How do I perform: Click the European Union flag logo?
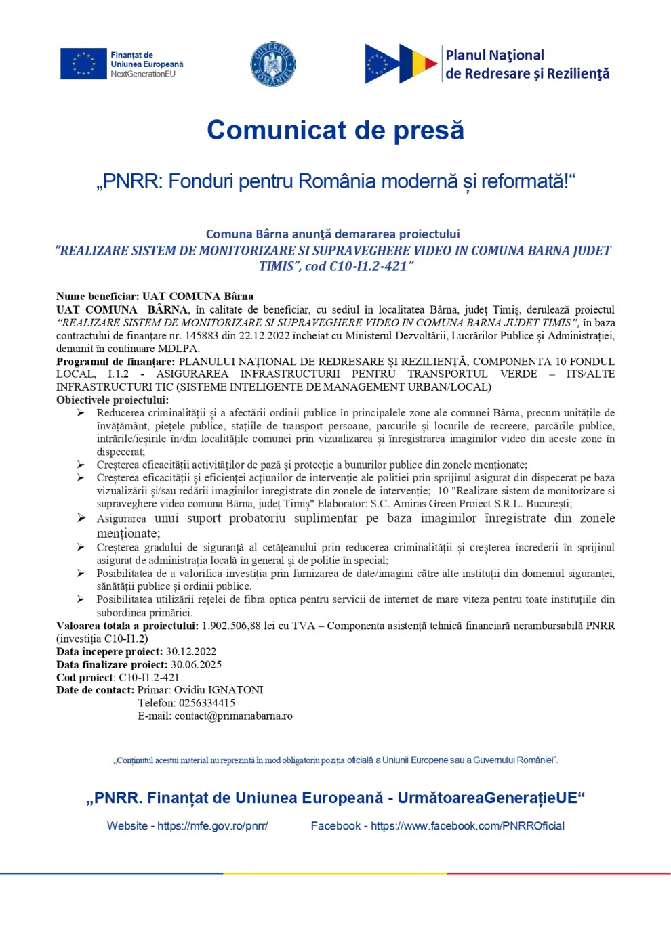click(83, 64)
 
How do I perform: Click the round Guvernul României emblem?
click(273, 64)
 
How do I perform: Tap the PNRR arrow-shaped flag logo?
click(401, 64)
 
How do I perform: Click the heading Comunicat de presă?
click(335, 130)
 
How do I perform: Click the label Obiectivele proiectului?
click(113, 400)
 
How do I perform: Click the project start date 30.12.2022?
click(191, 651)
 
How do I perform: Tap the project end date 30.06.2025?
click(196, 664)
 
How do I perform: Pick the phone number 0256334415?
click(207, 703)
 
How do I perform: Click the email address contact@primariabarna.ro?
click(233, 716)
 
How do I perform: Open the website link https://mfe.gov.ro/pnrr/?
click(213, 826)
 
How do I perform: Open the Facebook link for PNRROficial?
click(467, 826)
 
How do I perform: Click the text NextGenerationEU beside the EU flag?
click(143, 74)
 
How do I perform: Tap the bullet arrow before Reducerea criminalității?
click(81, 413)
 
